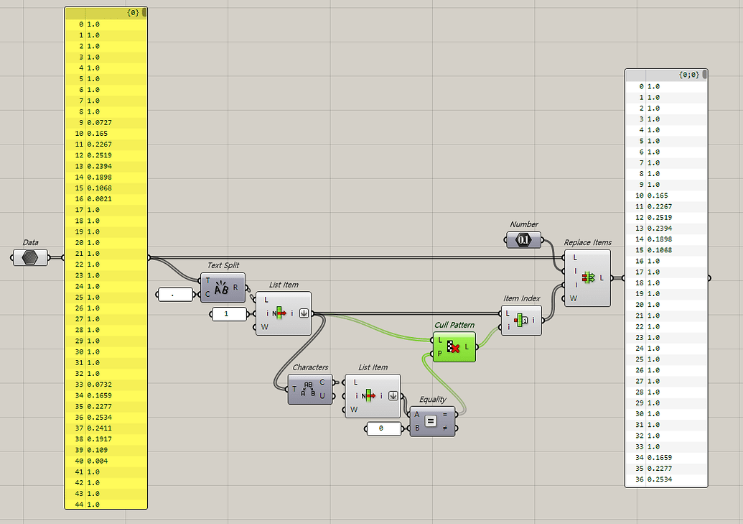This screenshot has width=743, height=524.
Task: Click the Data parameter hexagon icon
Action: tap(29, 257)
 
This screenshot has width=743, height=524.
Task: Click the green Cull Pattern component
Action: tap(454, 347)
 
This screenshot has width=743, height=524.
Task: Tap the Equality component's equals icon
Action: tap(431, 420)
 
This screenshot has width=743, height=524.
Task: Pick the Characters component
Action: tap(309, 390)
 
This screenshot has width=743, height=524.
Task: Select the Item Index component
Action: tap(520, 320)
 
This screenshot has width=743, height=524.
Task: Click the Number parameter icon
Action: tap(523, 240)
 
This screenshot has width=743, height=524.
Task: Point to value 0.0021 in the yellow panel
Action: tap(100, 199)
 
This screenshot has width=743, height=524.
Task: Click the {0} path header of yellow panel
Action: tap(132, 13)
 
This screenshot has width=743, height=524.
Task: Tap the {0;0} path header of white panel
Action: tap(688, 75)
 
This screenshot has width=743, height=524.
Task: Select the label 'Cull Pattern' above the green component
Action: tap(454, 325)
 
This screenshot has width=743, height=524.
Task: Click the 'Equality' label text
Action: tap(433, 400)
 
